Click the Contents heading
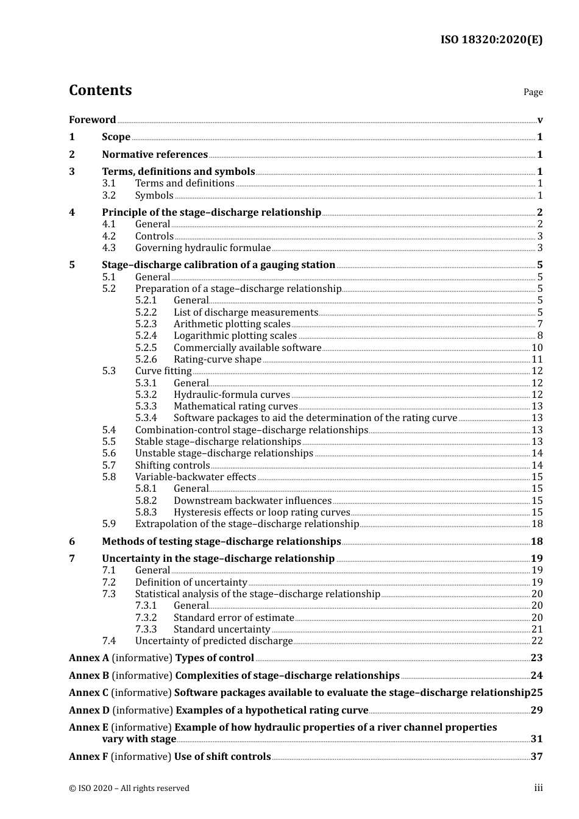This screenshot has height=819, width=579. click(100, 90)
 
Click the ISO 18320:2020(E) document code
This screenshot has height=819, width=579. click(491, 40)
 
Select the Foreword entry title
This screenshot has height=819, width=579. click(92, 120)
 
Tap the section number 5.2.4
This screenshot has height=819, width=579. click(146, 336)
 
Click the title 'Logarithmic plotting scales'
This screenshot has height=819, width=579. click(235, 336)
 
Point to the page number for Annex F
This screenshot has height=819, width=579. click(536, 756)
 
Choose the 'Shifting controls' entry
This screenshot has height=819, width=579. click(172, 466)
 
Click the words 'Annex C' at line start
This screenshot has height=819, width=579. click(88, 693)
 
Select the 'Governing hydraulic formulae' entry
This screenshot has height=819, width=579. click(203, 248)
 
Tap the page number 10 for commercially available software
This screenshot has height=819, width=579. click(537, 348)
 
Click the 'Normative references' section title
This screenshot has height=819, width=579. click(155, 155)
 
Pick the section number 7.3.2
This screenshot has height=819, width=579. click(146, 618)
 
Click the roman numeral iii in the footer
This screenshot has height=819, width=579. click(538, 788)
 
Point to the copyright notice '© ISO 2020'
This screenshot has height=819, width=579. click(129, 789)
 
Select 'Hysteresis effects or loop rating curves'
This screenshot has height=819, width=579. click(262, 512)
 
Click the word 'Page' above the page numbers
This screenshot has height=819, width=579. click(533, 92)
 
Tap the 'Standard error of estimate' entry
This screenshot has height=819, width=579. click(234, 618)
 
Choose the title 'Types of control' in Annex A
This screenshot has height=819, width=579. click(215, 658)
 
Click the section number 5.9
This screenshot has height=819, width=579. click(109, 524)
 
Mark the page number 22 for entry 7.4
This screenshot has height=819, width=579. click(537, 641)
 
